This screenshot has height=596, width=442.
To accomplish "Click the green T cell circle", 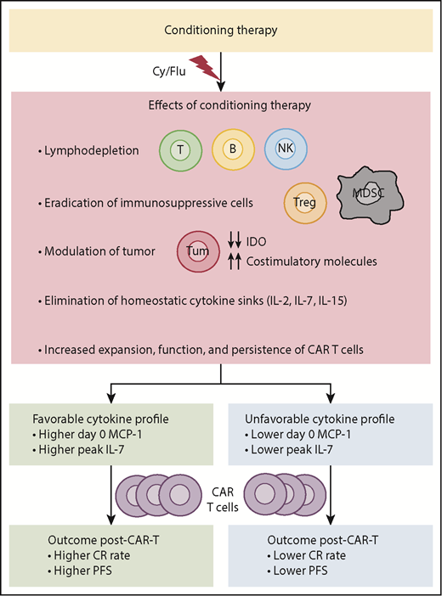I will pos(179,151).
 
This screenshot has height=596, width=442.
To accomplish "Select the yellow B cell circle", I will pos(232,151).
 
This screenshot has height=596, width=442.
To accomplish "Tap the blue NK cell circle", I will pos(284,151).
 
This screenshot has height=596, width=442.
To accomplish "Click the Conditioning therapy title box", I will pos(221,31).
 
